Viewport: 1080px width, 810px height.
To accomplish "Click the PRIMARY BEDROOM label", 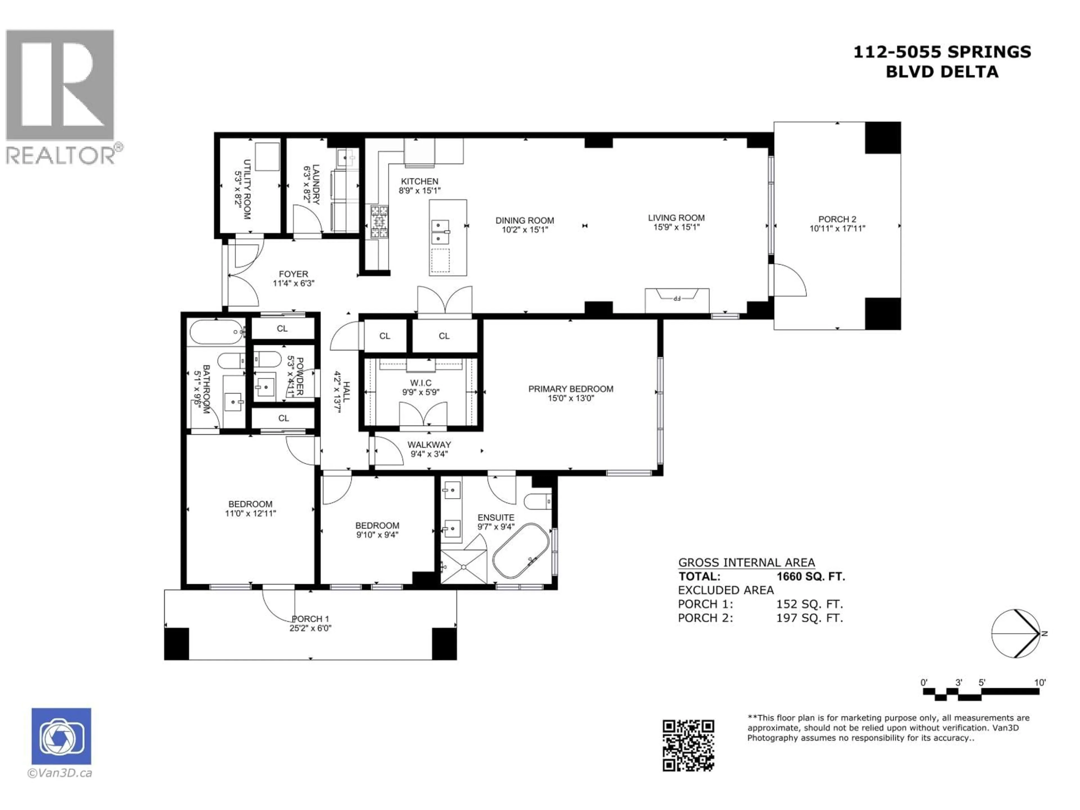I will (570, 389).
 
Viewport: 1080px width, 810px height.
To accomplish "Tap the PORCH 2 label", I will (837, 220).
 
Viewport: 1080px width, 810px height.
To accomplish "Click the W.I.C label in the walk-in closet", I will (420, 383).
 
